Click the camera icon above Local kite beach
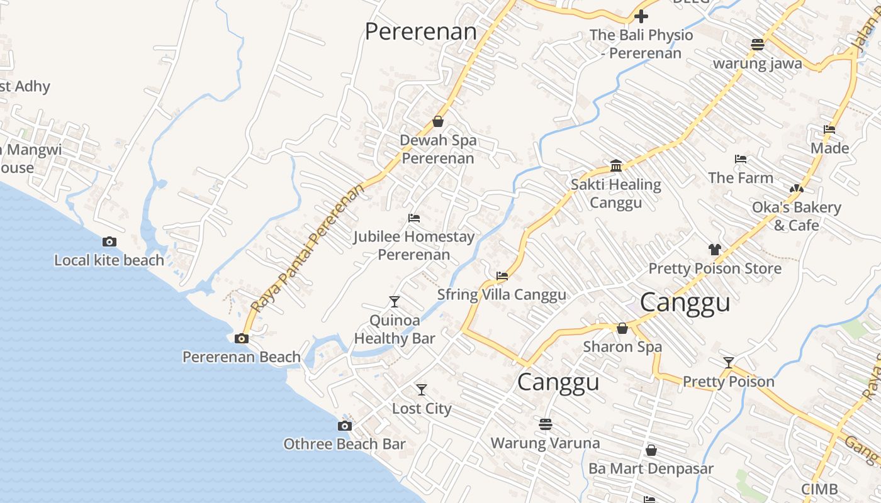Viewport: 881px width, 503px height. tap(109, 242)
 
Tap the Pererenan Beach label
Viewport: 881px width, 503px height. tap(241, 357)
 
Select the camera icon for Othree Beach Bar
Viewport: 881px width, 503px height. tap(344, 426)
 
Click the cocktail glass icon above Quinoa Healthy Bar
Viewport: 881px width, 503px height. tap(395, 302)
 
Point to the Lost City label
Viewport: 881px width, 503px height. tap(422, 409)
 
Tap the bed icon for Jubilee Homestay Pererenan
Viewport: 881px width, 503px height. tap(414, 218)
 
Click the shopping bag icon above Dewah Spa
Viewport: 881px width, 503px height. tap(438, 121)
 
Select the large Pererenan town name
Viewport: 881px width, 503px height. tap(421, 31)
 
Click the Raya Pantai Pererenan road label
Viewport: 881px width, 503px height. tap(308, 248)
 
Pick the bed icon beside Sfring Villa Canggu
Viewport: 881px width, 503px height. tap(502, 275)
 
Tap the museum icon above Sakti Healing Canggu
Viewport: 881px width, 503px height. tap(616, 166)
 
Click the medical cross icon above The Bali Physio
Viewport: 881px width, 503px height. tap(641, 16)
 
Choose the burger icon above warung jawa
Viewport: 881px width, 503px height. tap(758, 45)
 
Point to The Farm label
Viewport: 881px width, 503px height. tap(741, 178)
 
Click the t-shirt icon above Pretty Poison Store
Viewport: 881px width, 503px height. tap(714, 250)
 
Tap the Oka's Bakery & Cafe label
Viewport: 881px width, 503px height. tap(796, 216)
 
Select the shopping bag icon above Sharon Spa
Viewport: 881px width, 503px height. tap(622, 328)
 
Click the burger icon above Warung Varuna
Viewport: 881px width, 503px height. tap(546, 424)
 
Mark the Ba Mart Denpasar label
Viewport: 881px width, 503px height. tap(651, 469)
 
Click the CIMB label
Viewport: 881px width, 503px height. tap(819, 489)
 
